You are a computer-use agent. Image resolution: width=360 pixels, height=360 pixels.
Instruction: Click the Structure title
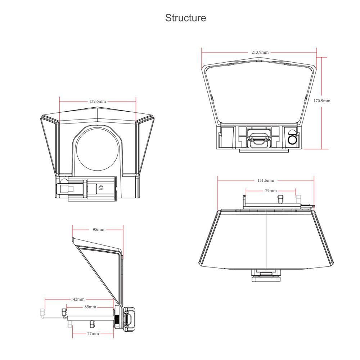tap(185, 18)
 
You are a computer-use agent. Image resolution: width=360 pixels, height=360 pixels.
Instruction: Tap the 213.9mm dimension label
tap(260, 52)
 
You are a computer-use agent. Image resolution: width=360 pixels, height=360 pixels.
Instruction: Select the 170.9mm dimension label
tap(322, 100)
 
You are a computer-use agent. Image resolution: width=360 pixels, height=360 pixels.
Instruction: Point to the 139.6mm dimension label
tap(98, 101)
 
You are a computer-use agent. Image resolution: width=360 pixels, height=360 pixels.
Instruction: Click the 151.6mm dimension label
tap(266, 180)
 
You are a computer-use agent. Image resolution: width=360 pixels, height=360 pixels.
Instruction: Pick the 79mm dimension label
tap(271, 190)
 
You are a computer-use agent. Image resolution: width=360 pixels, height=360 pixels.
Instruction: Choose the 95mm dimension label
tap(99, 229)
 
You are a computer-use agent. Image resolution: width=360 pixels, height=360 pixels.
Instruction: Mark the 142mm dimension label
tap(78, 299)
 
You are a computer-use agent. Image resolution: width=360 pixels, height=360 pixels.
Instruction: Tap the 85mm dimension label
tap(90, 307)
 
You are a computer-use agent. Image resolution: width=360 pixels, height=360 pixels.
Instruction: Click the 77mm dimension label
tap(93, 333)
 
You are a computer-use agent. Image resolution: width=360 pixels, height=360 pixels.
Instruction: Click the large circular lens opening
tap(98, 149)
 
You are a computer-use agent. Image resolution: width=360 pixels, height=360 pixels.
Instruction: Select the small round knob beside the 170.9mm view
tap(292, 140)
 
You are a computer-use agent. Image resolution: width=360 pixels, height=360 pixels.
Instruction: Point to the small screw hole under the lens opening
tap(100, 188)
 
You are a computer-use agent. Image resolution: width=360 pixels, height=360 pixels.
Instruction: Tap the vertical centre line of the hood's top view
tap(266, 239)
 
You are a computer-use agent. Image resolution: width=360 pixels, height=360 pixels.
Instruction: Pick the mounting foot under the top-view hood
tap(266, 276)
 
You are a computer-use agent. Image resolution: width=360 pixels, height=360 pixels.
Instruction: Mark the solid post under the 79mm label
tap(280, 200)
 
